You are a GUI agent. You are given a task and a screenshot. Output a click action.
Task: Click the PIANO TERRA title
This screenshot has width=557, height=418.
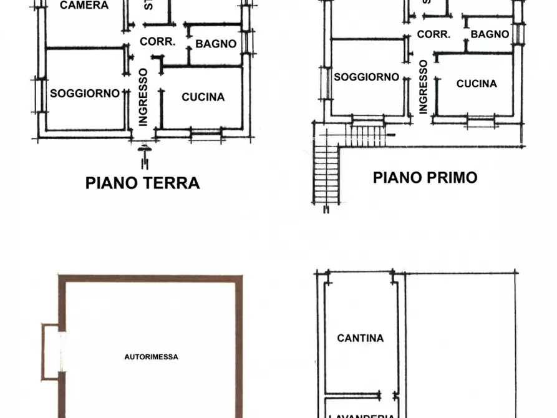pyautogui.click(x=142, y=183)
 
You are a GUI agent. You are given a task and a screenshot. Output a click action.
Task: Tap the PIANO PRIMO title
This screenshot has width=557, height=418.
pyautogui.click(x=425, y=177)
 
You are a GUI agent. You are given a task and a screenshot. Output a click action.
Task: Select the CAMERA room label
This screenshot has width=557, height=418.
pyautogui.click(x=84, y=6)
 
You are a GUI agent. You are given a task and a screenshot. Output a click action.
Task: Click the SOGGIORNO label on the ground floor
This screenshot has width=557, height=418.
pyautogui.click(x=85, y=94)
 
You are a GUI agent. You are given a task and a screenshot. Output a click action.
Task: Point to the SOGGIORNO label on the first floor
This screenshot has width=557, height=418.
pyautogui.click(x=366, y=77)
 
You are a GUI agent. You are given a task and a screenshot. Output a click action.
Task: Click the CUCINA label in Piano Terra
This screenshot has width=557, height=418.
pyautogui.click(x=203, y=97)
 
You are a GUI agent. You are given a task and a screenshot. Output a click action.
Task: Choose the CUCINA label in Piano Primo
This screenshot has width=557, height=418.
pyautogui.click(x=477, y=84)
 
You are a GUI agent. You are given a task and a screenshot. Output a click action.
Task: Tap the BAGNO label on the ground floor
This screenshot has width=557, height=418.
pyautogui.click(x=216, y=44)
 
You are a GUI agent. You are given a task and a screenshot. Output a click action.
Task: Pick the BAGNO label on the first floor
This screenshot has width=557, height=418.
pyautogui.click(x=490, y=34)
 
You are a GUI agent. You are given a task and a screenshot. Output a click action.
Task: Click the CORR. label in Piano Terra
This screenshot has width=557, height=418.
pyautogui.click(x=157, y=42)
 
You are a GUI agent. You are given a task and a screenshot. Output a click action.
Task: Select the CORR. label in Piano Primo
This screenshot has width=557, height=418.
pyautogui.click(x=433, y=34)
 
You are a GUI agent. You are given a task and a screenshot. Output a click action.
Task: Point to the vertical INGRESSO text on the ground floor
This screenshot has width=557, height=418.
pyautogui.click(x=143, y=97)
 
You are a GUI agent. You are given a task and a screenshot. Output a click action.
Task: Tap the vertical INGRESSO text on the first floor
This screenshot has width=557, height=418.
pyautogui.click(x=424, y=86)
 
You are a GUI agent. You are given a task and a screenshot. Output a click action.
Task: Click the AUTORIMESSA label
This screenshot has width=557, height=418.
pyautogui.click(x=151, y=357)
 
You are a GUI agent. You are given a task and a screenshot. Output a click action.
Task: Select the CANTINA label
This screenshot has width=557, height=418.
pyautogui.click(x=360, y=338)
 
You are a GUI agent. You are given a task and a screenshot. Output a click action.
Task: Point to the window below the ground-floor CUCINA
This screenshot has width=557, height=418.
pyautogui.click(x=206, y=132)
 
